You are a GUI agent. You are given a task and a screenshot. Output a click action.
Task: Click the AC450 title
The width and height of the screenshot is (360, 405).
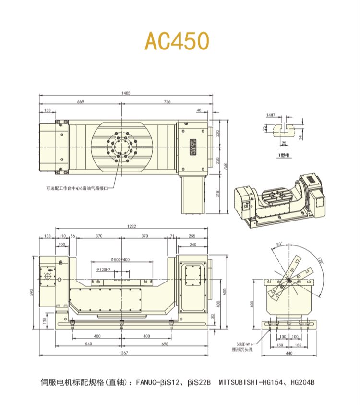pos(177,42)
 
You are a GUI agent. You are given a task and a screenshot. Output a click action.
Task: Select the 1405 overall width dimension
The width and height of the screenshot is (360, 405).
pos(126,93)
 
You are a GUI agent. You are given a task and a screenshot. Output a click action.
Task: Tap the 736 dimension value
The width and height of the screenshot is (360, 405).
pos(167,102)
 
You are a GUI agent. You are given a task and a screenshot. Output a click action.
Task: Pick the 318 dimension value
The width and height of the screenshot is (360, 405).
pos(217,193)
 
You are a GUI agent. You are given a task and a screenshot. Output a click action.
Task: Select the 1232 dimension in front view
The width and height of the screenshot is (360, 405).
pos(126,227)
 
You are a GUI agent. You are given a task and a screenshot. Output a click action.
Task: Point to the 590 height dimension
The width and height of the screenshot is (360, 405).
pos(33,293)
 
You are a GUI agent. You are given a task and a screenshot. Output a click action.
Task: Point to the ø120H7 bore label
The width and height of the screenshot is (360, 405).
pos(104,269)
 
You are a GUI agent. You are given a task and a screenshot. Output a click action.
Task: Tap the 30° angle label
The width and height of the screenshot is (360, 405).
pos(280,244)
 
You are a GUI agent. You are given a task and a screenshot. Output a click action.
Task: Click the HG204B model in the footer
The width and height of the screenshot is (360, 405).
pos(301,383)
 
